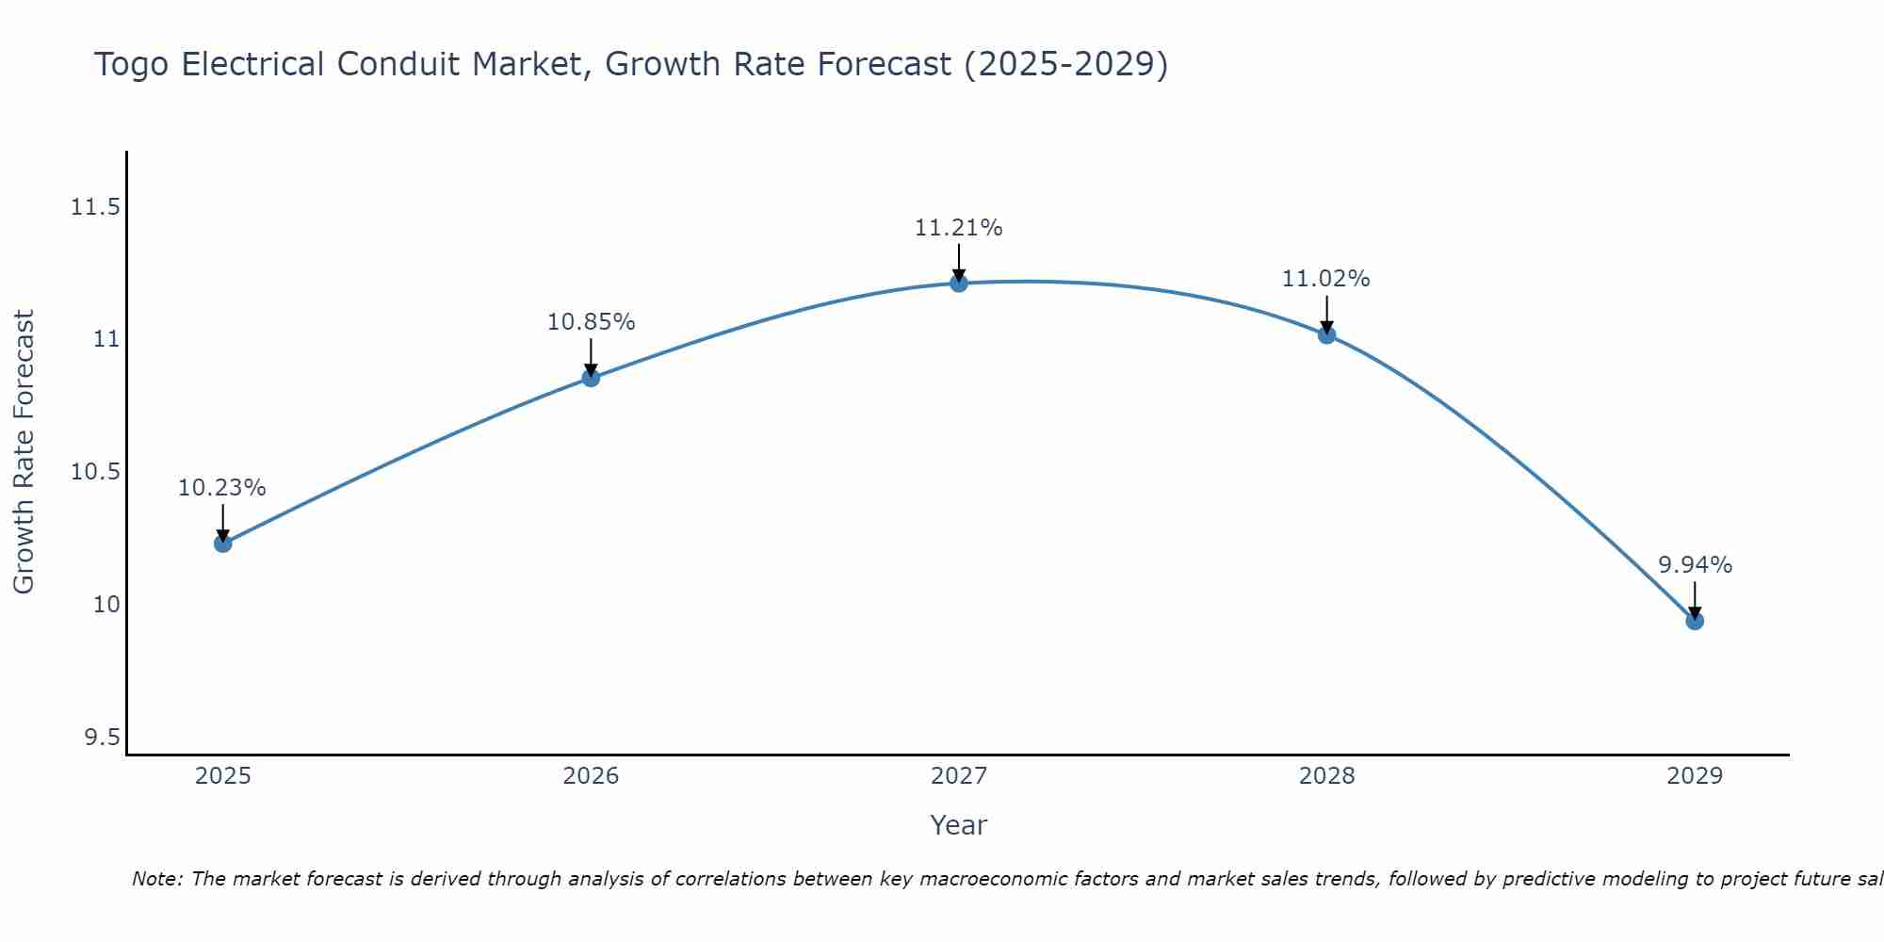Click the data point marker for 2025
pyautogui.click(x=223, y=544)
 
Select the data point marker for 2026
pyautogui.click(x=591, y=378)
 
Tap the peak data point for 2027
pyautogui.click(x=959, y=283)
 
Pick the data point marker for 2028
pyautogui.click(x=1326, y=334)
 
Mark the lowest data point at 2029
pyautogui.click(x=1695, y=621)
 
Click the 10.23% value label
pyautogui.click(x=222, y=488)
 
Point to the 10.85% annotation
pyautogui.click(x=591, y=322)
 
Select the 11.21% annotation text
pyautogui.click(x=959, y=228)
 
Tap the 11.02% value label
pyautogui.click(x=1326, y=279)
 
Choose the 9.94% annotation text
pyautogui.click(x=1695, y=565)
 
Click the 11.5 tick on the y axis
pyautogui.click(x=95, y=207)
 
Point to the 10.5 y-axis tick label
pyautogui.click(x=95, y=472)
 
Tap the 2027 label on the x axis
pyautogui.click(x=959, y=776)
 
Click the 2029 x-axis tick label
pyautogui.click(x=1695, y=776)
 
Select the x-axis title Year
pyautogui.click(x=959, y=825)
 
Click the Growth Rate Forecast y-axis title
pyautogui.click(x=24, y=451)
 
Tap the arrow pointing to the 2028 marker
pyautogui.click(x=1326, y=315)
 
